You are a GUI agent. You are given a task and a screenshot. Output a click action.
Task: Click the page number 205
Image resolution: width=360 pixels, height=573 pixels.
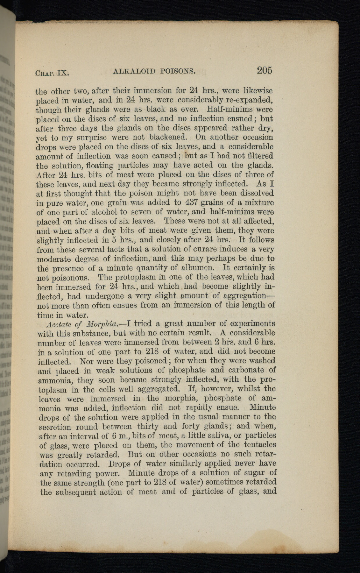(265, 70)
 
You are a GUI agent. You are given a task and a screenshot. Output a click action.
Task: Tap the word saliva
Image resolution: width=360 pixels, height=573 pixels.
(228, 435)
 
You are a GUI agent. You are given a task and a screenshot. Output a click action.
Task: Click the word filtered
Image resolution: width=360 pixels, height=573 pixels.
(257, 156)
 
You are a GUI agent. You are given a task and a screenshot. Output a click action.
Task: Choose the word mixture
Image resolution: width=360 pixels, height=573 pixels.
(259, 202)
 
